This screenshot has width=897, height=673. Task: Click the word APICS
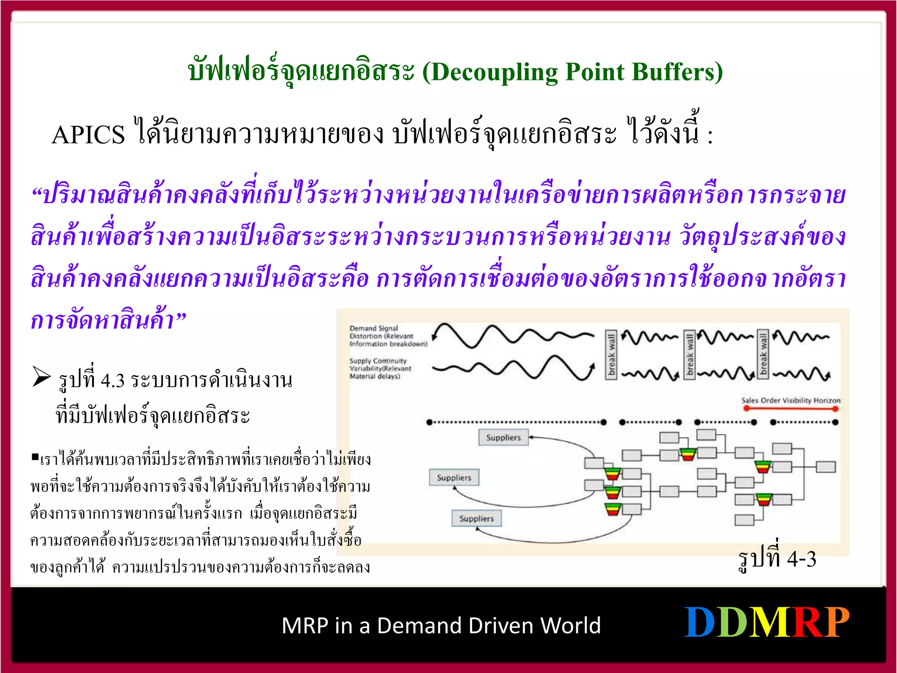click(88, 135)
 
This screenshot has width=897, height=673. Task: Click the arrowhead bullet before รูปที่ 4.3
click(42, 377)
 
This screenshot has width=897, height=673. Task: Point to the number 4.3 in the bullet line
click(113, 380)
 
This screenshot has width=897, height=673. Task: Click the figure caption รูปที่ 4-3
click(777, 559)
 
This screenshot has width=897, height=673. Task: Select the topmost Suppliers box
click(504, 437)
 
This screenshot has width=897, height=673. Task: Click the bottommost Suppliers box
click(477, 518)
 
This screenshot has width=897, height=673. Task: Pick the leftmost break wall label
click(611, 354)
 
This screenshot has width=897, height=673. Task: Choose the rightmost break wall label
click(763, 354)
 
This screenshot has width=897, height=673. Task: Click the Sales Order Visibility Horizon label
click(791, 400)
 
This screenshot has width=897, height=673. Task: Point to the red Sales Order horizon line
click(791, 408)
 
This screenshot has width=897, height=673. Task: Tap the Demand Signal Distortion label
click(388, 336)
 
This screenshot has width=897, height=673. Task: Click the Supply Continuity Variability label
click(380, 368)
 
